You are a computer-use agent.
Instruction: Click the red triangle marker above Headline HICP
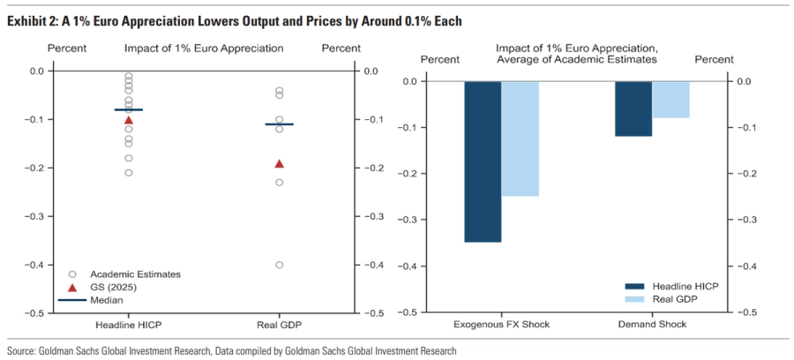129,119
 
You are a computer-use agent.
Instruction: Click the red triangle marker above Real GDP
280,163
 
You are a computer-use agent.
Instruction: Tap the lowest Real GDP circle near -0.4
280,265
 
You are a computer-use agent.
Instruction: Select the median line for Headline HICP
129,109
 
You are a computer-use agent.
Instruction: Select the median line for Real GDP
280,124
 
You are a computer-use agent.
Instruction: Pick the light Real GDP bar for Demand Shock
670,100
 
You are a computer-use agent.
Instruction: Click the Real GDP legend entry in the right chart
676,300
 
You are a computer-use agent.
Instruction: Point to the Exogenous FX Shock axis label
502,325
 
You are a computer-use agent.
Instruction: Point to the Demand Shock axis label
653,325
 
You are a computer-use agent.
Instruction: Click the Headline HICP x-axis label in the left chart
129,325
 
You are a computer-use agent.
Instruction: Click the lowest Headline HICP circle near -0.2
129,172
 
